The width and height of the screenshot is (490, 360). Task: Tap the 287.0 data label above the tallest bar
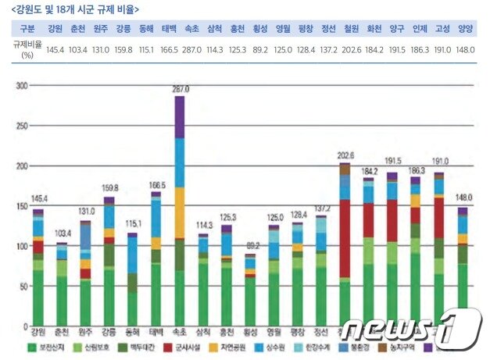pyautogui.click(x=181, y=90)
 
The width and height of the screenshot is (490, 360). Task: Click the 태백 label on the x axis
pyautogui.click(x=156, y=332)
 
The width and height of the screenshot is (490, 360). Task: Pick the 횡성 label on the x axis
pyautogui.click(x=250, y=332)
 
